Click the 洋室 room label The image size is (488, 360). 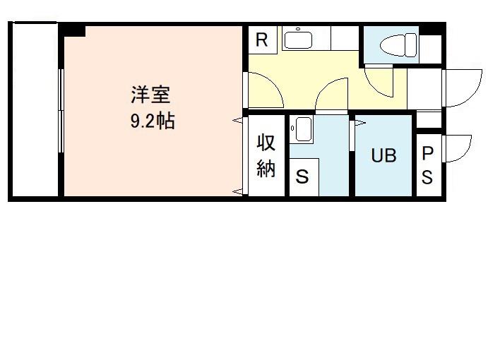pos(150,95)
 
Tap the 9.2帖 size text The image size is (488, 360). pos(153,121)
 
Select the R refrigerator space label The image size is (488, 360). pos(261,40)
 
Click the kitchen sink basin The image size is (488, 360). pos(298,40)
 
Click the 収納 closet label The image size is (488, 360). pos(266,155)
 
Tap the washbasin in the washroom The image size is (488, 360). pos(304,129)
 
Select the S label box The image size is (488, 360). pos(302,176)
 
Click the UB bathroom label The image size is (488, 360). pos(383,155)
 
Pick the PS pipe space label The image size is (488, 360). pos(427,166)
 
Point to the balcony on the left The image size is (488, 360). pos(35,110)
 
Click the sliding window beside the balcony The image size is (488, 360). pos(61,111)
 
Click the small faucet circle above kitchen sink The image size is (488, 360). pos(298,29)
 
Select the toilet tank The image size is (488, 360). pos(411,45)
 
